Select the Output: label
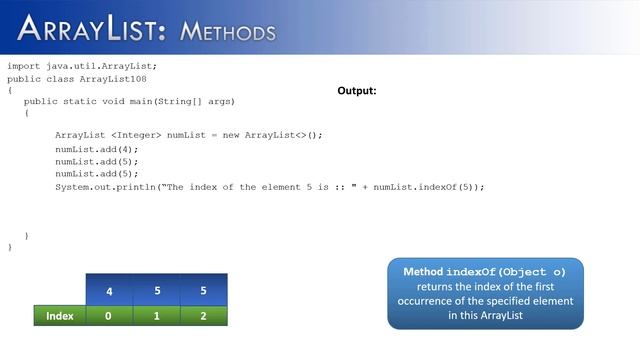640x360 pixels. (x=357, y=90)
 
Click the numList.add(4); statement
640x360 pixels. (x=97, y=149)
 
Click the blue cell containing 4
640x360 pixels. (x=109, y=292)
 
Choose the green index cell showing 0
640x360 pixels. (x=109, y=316)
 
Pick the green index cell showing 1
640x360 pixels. (x=156, y=316)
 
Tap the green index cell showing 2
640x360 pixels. (x=203, y=316)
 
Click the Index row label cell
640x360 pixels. (x=60, y=316)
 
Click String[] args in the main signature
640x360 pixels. (x=205, y=101)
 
